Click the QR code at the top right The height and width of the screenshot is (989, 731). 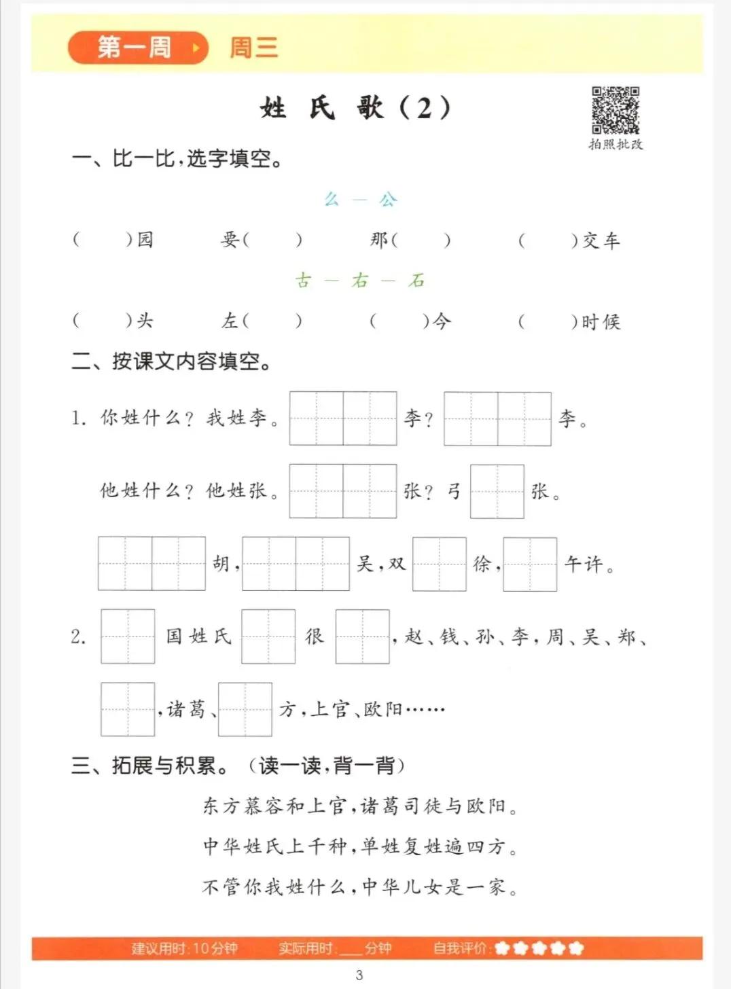point(615,110)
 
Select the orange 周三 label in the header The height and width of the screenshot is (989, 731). point(253,48)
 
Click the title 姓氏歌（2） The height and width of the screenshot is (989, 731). point(355,107)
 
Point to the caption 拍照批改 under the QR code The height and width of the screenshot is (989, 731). point(616,145)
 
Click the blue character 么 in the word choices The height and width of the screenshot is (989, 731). point(332,199)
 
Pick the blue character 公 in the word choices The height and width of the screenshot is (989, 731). point(388,199)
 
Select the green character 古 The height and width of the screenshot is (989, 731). point(303,280)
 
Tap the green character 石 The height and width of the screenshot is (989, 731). point(416,280)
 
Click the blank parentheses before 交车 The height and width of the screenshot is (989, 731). point(548,240)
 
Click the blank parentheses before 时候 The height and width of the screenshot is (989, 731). point(548,321)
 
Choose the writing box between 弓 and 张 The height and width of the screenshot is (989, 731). point(497,491)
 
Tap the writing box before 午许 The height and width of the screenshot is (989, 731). point(530,564)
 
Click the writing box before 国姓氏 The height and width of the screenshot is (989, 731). point(128,636)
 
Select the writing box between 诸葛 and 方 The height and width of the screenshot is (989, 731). point(245,709)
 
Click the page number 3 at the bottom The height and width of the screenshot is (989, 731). point(359,975)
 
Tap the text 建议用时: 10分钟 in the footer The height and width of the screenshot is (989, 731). point(184,948)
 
